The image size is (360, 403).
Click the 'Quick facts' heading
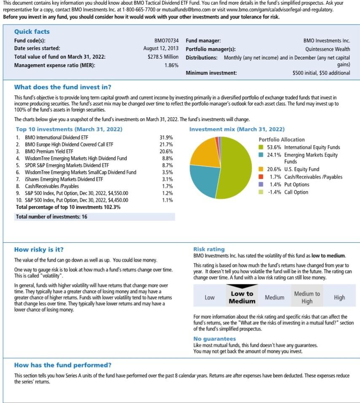point(32,32)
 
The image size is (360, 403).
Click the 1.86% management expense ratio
point(171,65)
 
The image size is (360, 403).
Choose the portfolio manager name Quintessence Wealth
point(328,49)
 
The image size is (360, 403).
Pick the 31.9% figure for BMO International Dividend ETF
point(166,138)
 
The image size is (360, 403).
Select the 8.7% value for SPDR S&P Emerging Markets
point(167,165)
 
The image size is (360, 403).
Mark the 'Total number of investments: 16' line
point(51,216)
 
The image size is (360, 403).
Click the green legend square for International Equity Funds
point(261,147)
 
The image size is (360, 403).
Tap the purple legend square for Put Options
point(261,184)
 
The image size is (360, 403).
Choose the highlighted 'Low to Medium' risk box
point(242,297)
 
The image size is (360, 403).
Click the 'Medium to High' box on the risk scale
point(307,297)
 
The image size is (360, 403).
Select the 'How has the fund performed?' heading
point(63,365)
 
